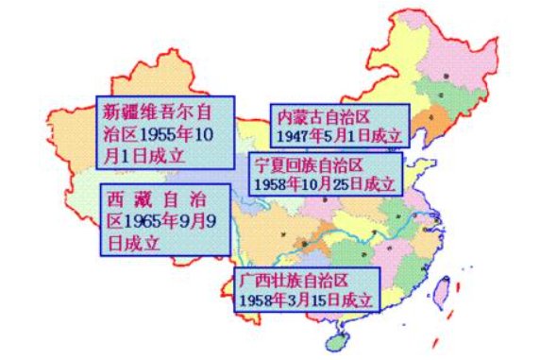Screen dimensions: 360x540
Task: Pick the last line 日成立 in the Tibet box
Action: tap(133, 243)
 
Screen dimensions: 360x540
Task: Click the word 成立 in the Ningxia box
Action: tap(378, 182)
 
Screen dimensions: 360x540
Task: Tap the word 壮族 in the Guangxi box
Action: tap(289, 282)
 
